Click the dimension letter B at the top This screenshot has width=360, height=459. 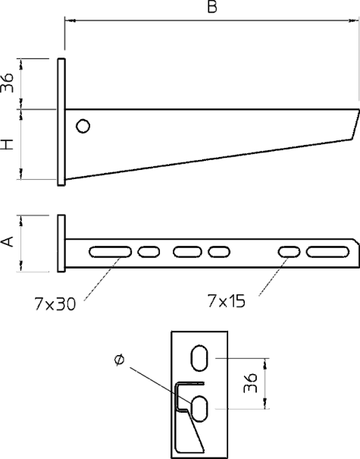(212, 7)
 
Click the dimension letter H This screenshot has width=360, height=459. (8, 144)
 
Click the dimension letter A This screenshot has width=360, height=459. (8, 241)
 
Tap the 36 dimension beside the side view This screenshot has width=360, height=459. (8, 83)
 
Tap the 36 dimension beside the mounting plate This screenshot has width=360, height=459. (250, 382)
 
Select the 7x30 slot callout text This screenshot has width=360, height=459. (55, 304)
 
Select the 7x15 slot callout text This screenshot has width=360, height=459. (226, 301)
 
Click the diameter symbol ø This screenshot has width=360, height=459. (119, 360)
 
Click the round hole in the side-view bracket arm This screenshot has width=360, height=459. (83, 126)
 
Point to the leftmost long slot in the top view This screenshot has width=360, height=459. (110, 252)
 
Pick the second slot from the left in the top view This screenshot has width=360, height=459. (149, 252)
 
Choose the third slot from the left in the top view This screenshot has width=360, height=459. (187, 252)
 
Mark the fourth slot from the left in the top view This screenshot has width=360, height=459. (219, 252)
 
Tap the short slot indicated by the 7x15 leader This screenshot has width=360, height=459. (290, 252)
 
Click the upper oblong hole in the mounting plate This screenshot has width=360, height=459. (199, 358)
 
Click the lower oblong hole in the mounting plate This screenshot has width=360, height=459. (199, 409)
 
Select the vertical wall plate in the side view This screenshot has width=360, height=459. (61, 122)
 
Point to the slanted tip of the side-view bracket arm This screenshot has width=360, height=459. (355, 124)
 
